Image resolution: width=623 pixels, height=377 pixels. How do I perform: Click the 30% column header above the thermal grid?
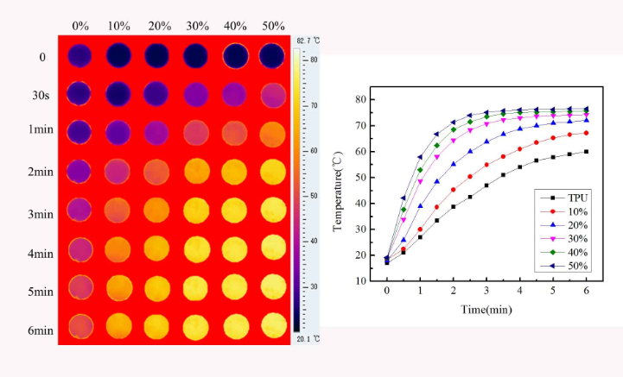(195, 27)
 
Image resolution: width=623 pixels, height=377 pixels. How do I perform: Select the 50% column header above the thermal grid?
(272, 27)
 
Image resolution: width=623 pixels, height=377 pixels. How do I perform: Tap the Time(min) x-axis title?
(485, 310)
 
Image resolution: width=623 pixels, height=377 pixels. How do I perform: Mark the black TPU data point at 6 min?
(586, 152)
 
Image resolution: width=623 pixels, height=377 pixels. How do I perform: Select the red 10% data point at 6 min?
(586, 133)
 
